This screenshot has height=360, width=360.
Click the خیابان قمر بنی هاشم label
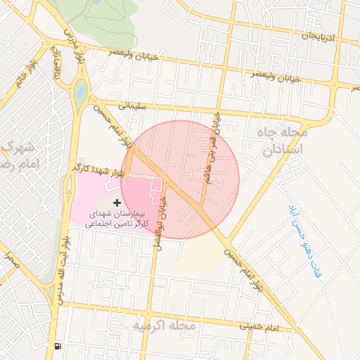tap(213, 149)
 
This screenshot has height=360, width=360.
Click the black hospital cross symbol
tap(117, 202)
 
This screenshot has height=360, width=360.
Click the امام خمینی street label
tap(259, 328)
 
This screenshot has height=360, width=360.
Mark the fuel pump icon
tap(56, 345)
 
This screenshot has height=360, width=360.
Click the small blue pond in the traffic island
tap(79, 91)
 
